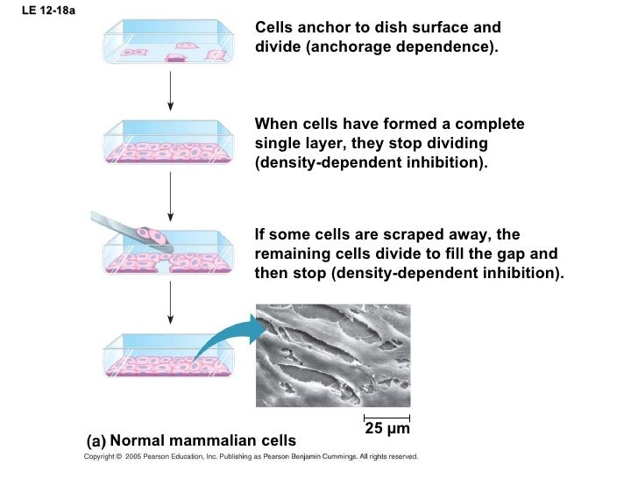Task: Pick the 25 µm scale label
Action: click(386, 430)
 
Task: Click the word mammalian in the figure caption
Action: click(202, 440)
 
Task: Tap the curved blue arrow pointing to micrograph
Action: click(230, 340)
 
